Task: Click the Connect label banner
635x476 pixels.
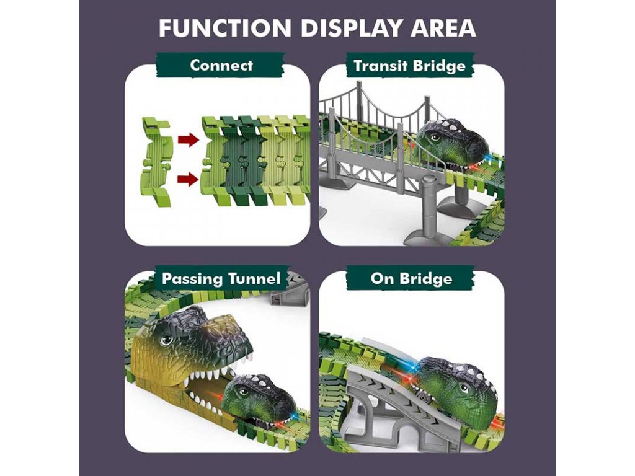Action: coord(221,65)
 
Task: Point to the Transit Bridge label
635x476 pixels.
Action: coord(409,66)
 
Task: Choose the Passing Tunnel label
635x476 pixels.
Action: coord(221,278)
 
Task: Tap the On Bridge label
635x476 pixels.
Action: coord(411,278)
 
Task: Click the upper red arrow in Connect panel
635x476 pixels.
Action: coord(188,140)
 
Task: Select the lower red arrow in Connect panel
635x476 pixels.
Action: coord(188,180)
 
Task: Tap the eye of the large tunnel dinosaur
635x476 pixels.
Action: coord(166,340)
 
